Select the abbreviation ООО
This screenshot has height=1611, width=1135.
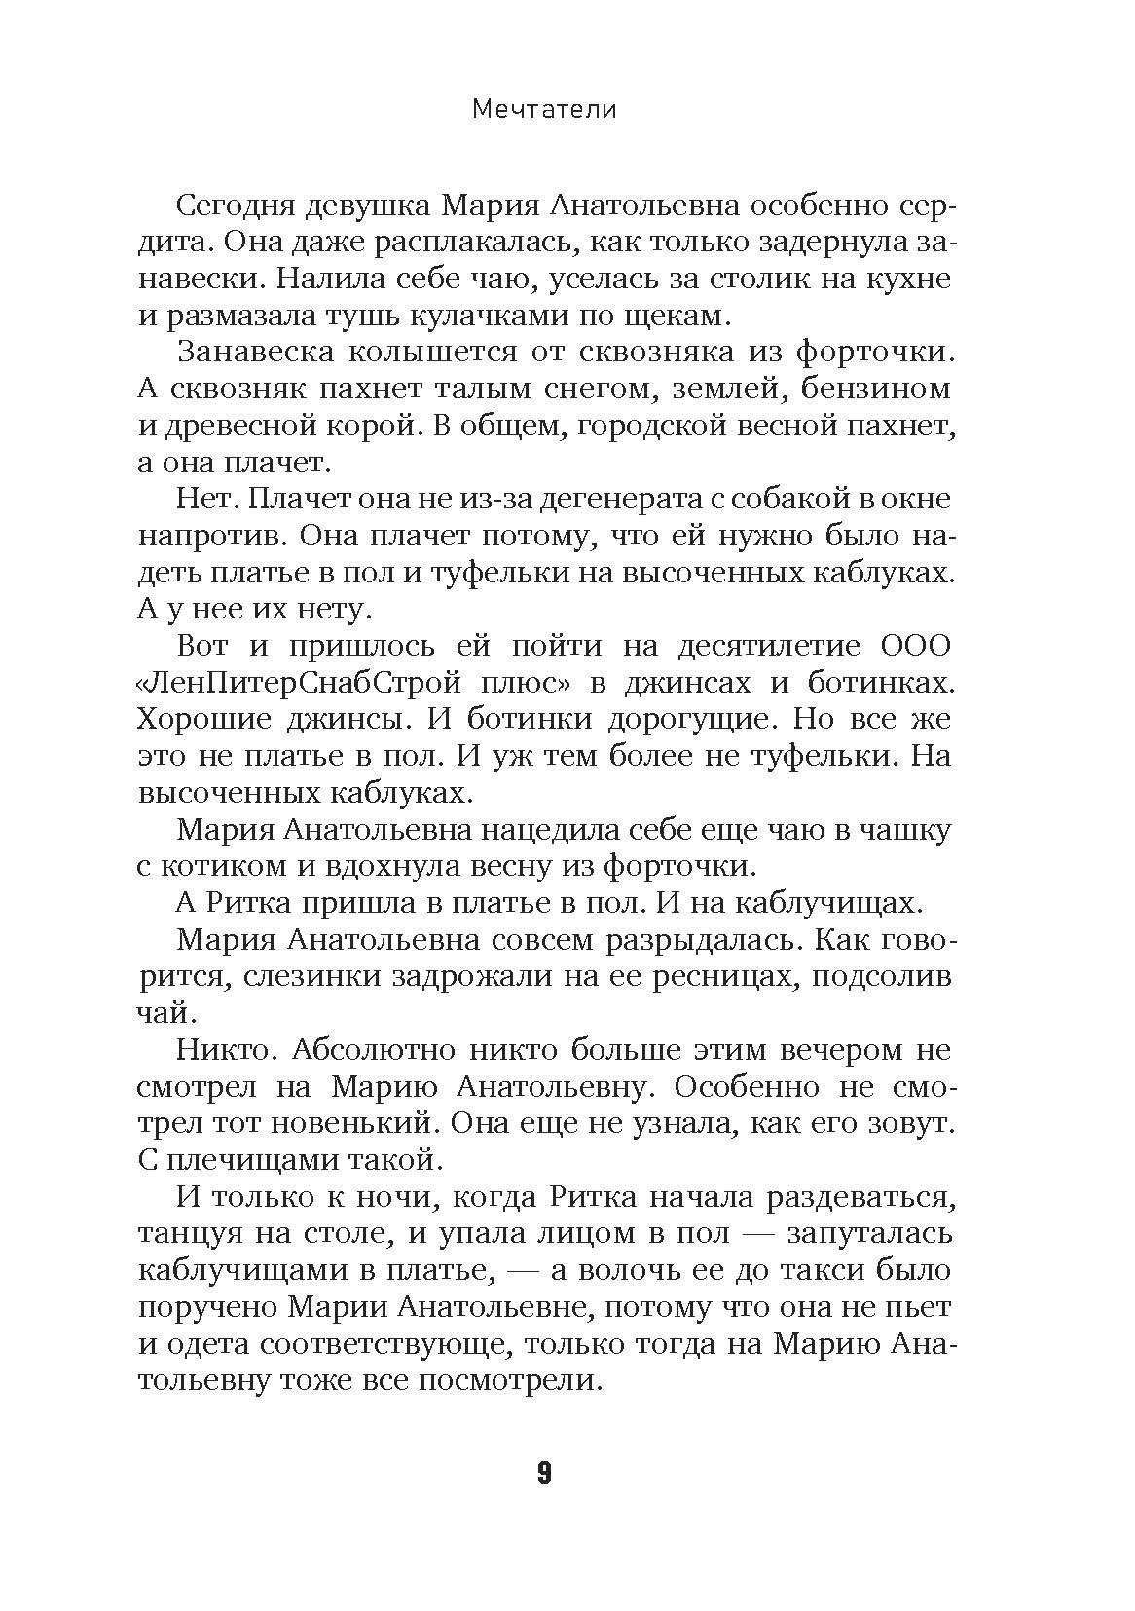(914, 646)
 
